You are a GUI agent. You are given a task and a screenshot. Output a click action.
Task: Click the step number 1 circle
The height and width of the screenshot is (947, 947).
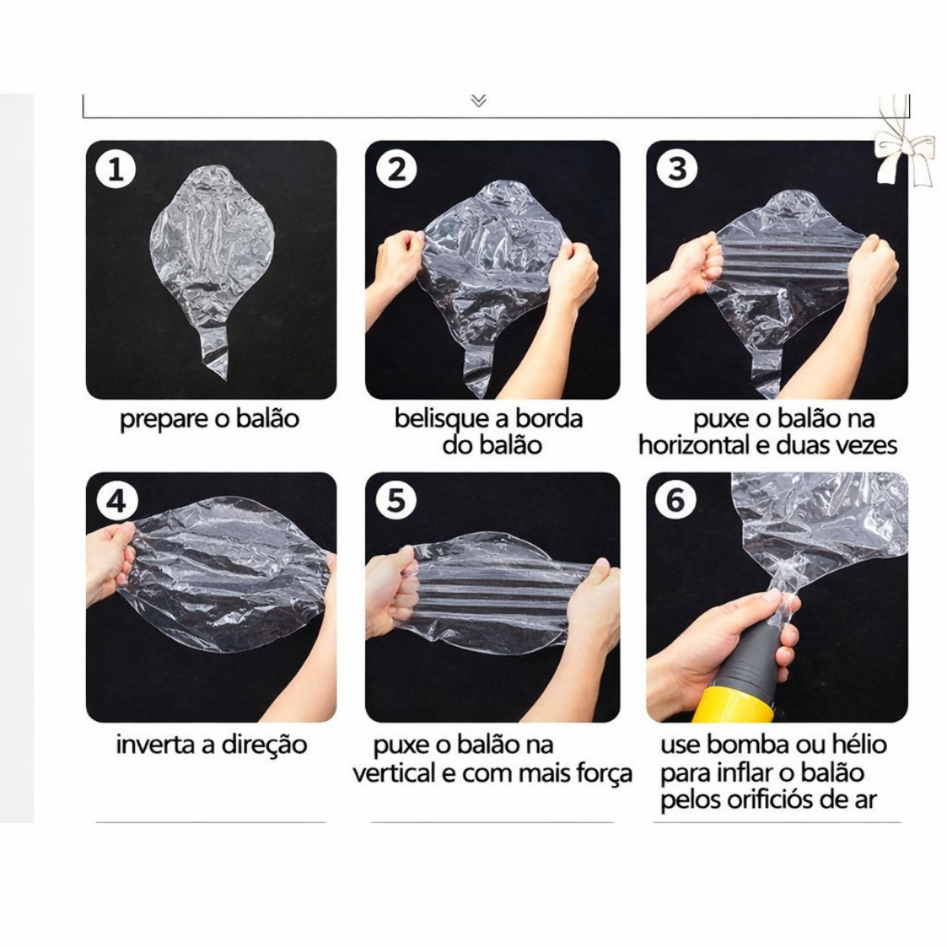(116, 168)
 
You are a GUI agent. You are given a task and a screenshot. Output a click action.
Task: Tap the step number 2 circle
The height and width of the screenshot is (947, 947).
(396, 168)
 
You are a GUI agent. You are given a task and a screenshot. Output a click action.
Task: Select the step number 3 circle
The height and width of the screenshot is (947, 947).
(677, 168)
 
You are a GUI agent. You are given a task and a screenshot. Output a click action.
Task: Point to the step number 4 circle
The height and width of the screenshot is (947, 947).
(116, 500)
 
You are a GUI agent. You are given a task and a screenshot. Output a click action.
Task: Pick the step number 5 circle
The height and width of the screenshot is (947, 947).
(396, 500)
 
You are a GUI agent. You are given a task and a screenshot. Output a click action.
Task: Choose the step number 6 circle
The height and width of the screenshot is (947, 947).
(676, 500)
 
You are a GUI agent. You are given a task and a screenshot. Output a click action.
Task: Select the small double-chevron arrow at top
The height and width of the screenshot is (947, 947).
(478, 100)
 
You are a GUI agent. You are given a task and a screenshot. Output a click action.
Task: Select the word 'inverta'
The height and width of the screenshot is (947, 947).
(155, 744)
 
